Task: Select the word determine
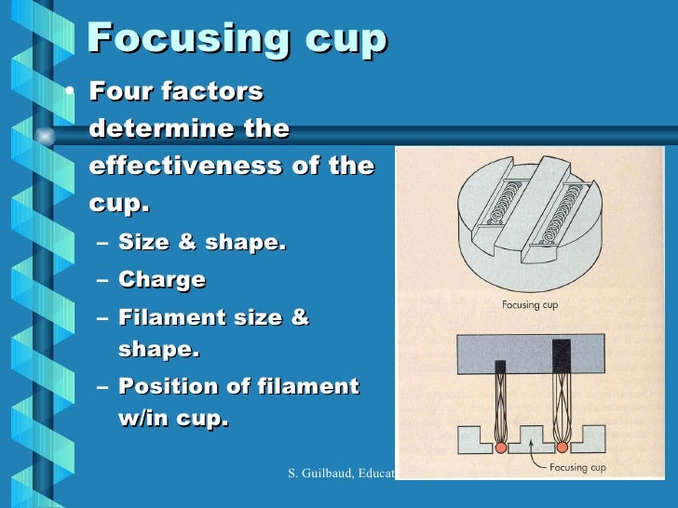(x=157, y=128)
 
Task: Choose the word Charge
(x=162, y=279)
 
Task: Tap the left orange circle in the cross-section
(x=500, y=447)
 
